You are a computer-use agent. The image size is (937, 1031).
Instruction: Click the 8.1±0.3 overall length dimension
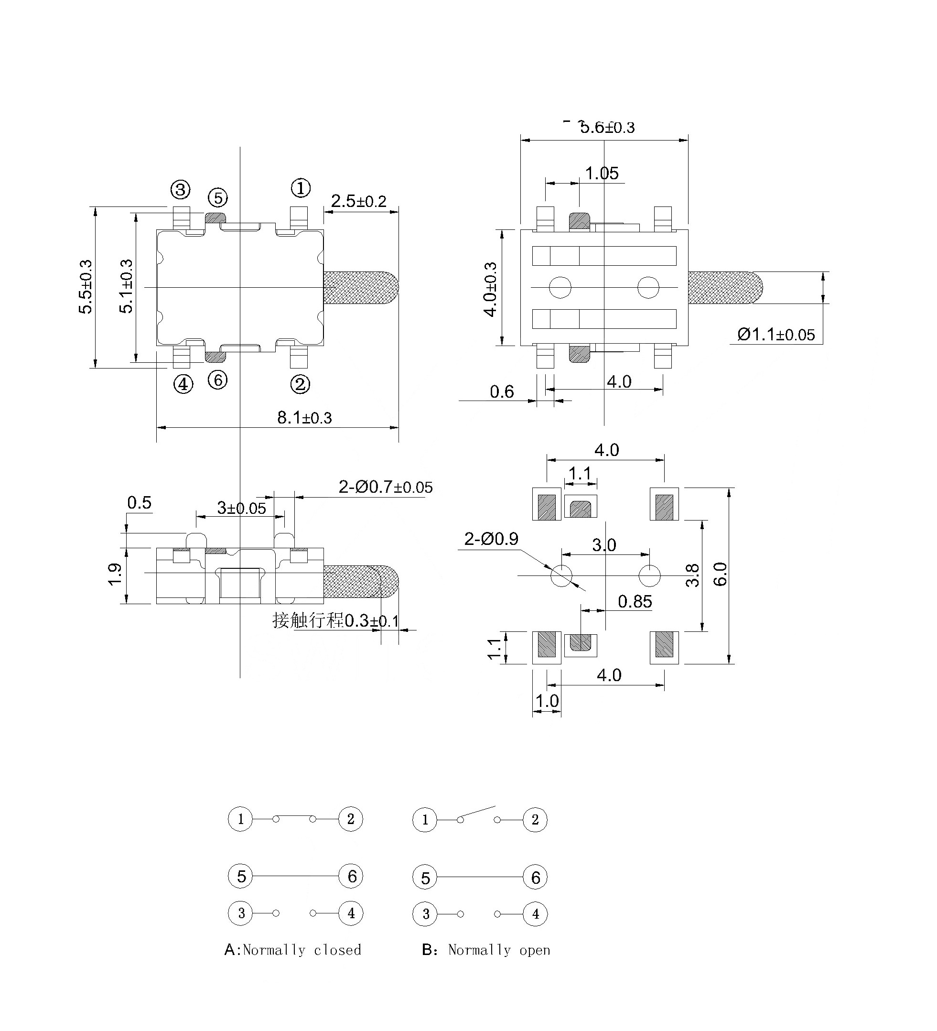point(304,418)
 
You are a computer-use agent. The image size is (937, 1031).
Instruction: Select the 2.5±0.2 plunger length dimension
point(358,201)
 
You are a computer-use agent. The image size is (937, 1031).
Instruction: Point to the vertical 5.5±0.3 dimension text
point(86,286)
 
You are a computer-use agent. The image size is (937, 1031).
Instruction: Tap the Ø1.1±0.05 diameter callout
point(775,335)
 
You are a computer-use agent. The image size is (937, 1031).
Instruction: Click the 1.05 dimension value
point(601,174)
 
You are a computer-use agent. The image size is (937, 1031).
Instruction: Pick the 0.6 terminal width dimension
point(502,392)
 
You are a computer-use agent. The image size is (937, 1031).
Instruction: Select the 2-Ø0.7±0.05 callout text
point(386,487)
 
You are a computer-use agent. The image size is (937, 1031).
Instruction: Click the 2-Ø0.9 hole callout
point(491,539)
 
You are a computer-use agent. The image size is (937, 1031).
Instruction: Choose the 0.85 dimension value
point(635,601)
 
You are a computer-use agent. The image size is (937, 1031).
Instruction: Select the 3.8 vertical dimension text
point(693,575)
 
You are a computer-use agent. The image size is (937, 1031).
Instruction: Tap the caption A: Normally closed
point(293,950)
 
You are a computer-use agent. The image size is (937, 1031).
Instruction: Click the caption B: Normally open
point(485,950)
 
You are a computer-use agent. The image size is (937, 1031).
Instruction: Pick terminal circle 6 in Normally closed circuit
point(351,876)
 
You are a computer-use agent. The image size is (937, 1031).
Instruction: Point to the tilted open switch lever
point(477,813)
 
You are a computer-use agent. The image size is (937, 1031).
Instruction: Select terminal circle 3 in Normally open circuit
point(425,914)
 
